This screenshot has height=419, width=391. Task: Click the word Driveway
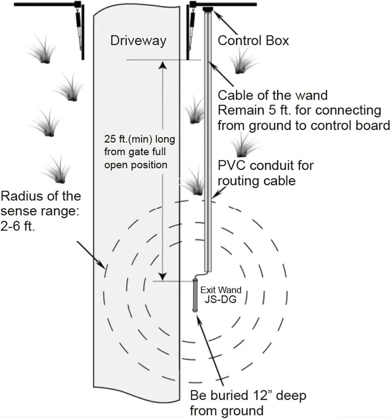[138, 41]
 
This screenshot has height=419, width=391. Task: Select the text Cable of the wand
[273, 96]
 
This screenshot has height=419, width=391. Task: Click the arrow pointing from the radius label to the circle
[90, 254]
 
